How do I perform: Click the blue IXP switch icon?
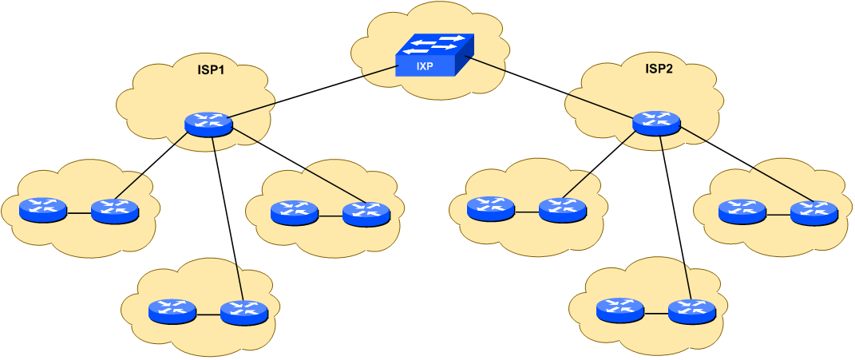[x=434, y=55]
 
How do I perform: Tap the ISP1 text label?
[x=211, y=69]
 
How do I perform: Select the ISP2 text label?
[x=659, y=69]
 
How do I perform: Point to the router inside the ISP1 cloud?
[x=208, y=124]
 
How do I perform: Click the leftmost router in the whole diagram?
[x=43, y=211]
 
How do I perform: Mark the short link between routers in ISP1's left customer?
[x=79, y=213]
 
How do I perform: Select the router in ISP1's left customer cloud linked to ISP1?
[x=115, y=211]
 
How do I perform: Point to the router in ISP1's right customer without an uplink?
[x=295, y=213]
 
